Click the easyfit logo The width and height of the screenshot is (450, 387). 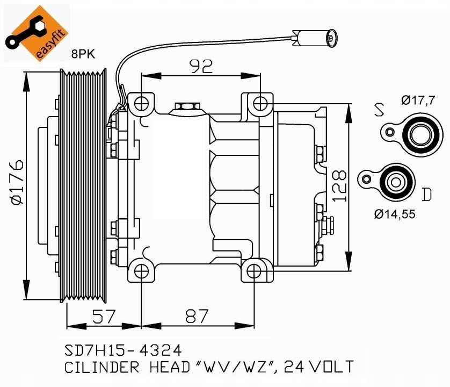click(x=36, y=33)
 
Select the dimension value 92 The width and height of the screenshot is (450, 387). click(x=200, y=66)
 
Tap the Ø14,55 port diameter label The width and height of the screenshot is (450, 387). click(x=395, y=214)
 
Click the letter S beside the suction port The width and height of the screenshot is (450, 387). click(x=380, y=110)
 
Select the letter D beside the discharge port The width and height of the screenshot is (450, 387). click(x=427, y=193)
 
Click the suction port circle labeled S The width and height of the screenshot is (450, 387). click(x=417, y=134)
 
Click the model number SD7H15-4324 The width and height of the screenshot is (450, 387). click(x=119, y=351)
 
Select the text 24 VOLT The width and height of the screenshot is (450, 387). click(x=319, y=367)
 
